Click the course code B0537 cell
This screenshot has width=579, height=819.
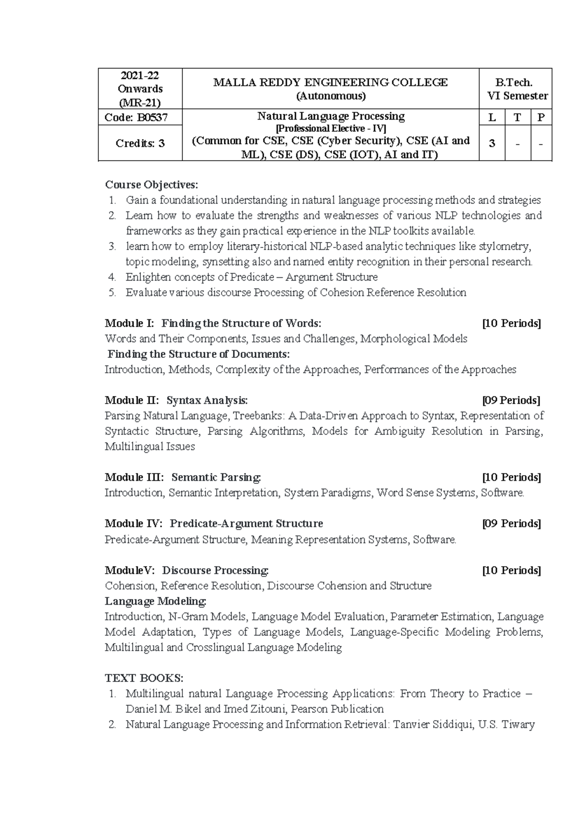140,117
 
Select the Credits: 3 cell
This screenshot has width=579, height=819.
140,143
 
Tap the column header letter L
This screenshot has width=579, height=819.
492,117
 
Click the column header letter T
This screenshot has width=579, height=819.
517,117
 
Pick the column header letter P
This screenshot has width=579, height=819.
541,117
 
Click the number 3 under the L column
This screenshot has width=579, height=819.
492,143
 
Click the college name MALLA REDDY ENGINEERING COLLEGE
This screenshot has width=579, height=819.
331,82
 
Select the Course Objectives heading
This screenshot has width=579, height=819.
151,185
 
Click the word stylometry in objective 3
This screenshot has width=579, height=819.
505,246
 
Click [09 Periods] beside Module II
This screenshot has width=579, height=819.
511,400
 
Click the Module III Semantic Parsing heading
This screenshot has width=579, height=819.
183,478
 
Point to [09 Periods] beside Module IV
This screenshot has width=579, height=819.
511,524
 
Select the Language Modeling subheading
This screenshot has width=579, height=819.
155,601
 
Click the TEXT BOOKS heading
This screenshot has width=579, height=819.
144,678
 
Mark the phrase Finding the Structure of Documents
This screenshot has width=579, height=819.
198,354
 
